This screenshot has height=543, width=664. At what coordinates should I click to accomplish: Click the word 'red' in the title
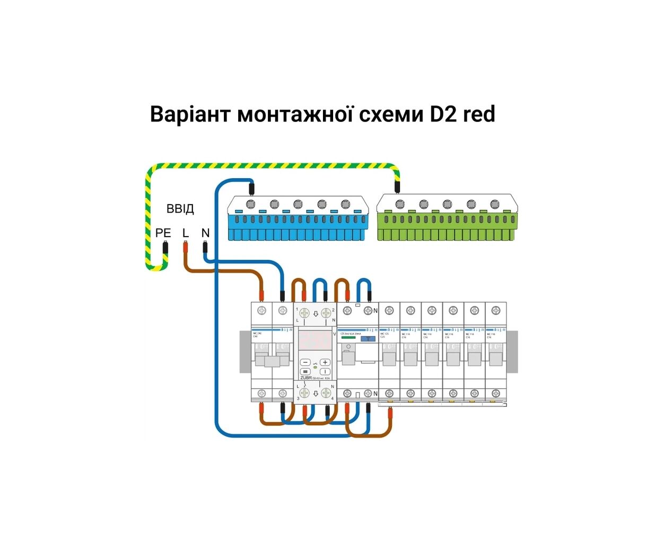point(479,114)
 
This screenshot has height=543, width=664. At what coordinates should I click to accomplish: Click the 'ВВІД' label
point(180,208)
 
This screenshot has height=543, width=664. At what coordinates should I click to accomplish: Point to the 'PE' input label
point(163,233)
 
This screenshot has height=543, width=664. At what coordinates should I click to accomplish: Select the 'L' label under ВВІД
point(186,233)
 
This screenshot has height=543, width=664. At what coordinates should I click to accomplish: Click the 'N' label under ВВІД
point(205,233)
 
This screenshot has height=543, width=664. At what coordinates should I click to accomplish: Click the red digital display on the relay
point(315,339)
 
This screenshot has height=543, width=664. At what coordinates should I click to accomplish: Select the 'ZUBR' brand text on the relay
point(306,378)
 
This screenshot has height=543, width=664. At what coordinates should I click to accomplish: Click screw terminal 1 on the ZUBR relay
point(304,313)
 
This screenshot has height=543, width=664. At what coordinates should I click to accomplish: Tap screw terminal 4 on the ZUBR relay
point(326,393)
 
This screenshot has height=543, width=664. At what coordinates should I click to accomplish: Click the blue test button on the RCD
point(368,338)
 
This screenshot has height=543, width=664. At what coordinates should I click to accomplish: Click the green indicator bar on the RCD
point(348,337)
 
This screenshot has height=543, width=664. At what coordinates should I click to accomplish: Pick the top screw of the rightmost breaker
point(495,310)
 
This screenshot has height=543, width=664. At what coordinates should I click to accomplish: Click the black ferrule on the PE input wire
point(165,247)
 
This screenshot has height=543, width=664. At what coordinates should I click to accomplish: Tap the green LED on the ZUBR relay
point(315,367)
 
